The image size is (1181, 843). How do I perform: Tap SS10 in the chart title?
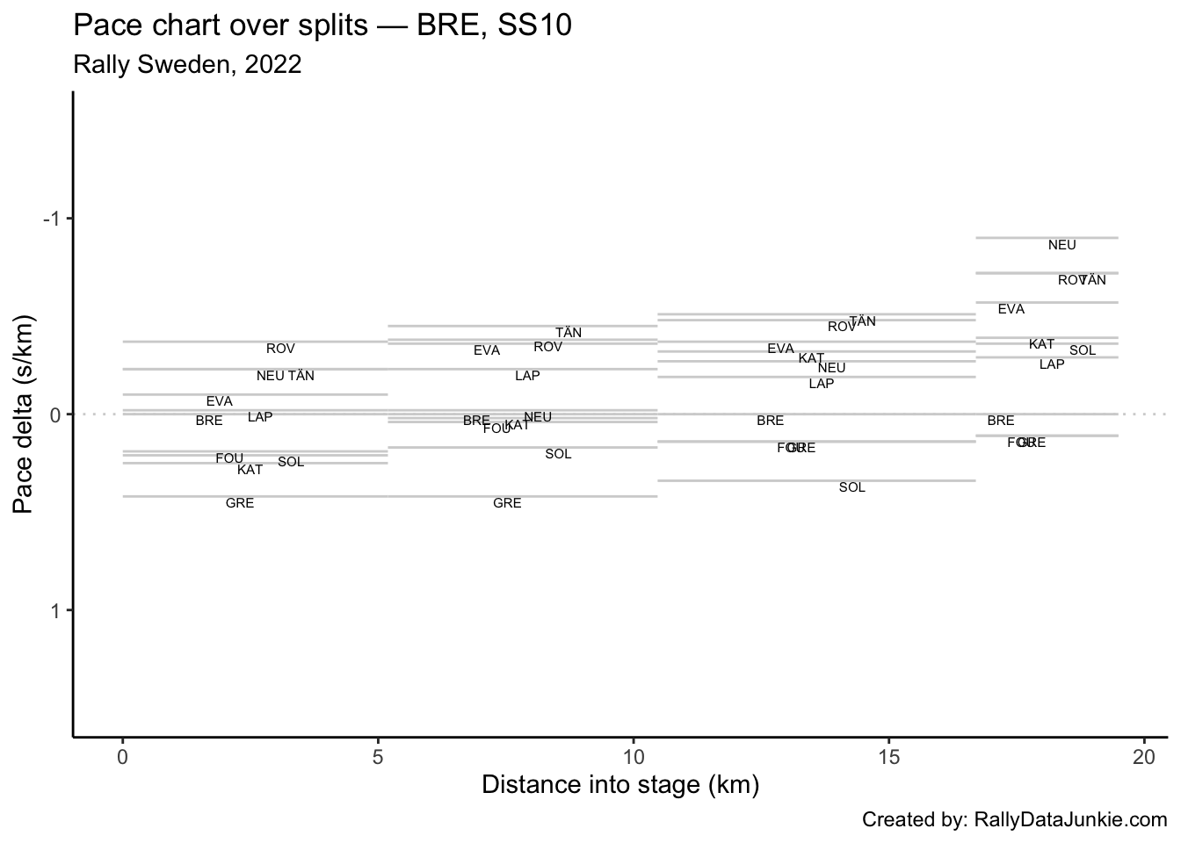pos(535,26)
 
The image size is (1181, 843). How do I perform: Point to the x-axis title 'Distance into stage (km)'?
pos(619,784)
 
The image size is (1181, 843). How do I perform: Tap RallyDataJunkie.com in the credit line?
pos(1071,820)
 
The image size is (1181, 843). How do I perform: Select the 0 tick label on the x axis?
pos(123,756)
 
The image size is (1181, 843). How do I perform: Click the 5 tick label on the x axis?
pos(378,756)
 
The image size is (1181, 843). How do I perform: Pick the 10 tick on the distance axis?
pos(633,756)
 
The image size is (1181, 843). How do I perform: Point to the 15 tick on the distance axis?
pos(888,756)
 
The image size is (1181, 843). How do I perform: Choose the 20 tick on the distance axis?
pos(1143,756)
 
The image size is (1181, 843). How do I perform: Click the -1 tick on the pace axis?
pos(52,219)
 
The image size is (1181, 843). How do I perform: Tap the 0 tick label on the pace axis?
pos(55,414)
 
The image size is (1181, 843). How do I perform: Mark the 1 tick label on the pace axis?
pos(55,610)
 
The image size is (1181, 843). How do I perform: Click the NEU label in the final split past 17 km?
pos(1061,246)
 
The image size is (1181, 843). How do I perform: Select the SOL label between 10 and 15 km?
pos(851,488)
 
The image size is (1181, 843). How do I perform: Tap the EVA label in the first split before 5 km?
pos(219,402)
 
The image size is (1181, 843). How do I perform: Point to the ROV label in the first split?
pos(280,349)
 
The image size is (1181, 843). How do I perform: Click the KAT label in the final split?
pos(1041,345)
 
